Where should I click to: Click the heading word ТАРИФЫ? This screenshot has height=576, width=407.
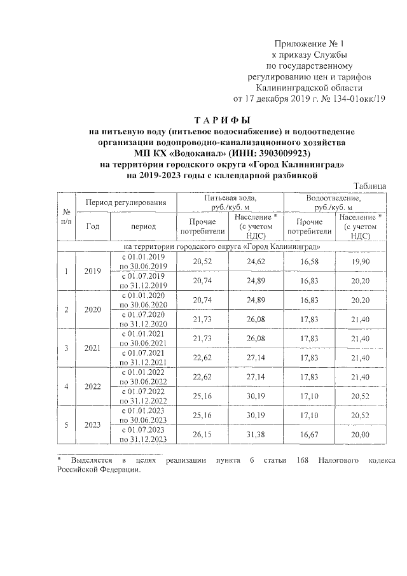tap(223, 120)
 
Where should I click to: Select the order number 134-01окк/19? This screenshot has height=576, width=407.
tap(355, 99)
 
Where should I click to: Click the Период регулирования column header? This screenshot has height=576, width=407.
tap(126, 202)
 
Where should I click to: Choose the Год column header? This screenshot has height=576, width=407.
tap(93, 226)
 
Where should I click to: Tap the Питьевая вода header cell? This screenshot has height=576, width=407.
tap(230, 202)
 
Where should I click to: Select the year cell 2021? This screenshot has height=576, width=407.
tap(93, 348)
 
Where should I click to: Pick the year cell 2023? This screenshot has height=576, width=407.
tap(93, 425)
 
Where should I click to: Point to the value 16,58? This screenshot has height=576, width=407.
tap(309, 262)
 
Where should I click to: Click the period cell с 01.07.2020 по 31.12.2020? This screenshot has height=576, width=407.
tap(144, 319)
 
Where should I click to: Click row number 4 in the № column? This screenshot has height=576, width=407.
tap(66, 386)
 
